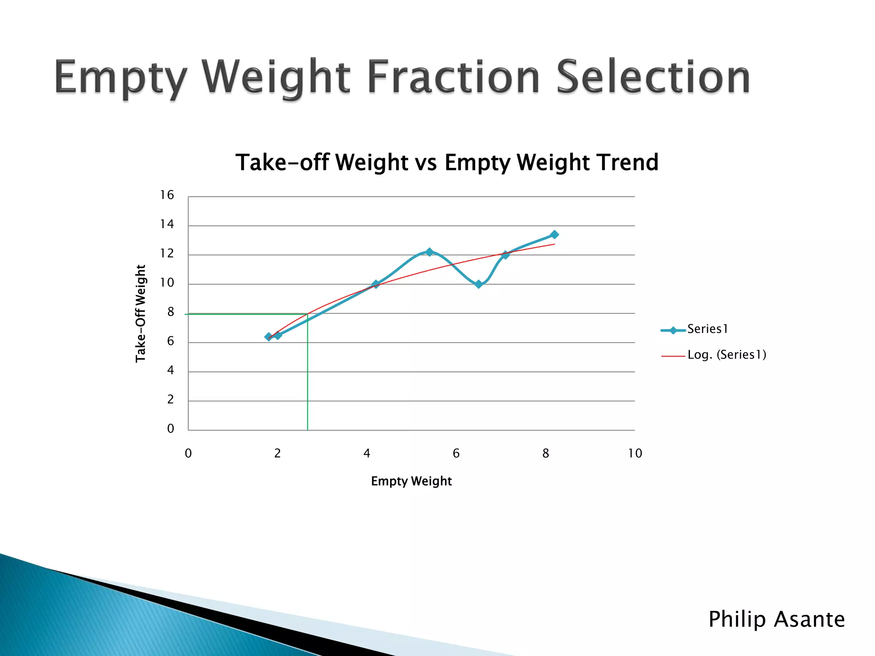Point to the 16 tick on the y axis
pyautogui.click(x=167, y=195)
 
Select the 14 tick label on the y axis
pyautogui.click(x=167, y=224)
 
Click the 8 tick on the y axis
pyautogui.click(x=170, y=312)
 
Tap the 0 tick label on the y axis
pyautogui.click(x=170, y=429)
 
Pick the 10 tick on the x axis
pyautogui.click(x=635, y=454)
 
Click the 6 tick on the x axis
pyautogui.click(x=456, y=454)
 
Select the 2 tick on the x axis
pyautogui.click(x=277, y=454)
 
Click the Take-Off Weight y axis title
pyautogui.click(x=141, y=313)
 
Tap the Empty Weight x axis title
pyautogui.click(x=411, y=481)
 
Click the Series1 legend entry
pyautogui.click(x=707, y=329)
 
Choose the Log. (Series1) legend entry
pyautogui.click(x=726, y=355)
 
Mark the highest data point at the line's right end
pyautogui.click(x=554, y=234)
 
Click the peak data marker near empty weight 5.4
pyautogui.click(x=429, y=252)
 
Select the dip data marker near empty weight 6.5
pyautogui.click(x=479, y=284)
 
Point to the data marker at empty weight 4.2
pyautogui.click(x=376, y=284)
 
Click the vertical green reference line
pyautogui.click(x=308, y=376)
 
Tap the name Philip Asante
pyautogui.click(x=776, y=619)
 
